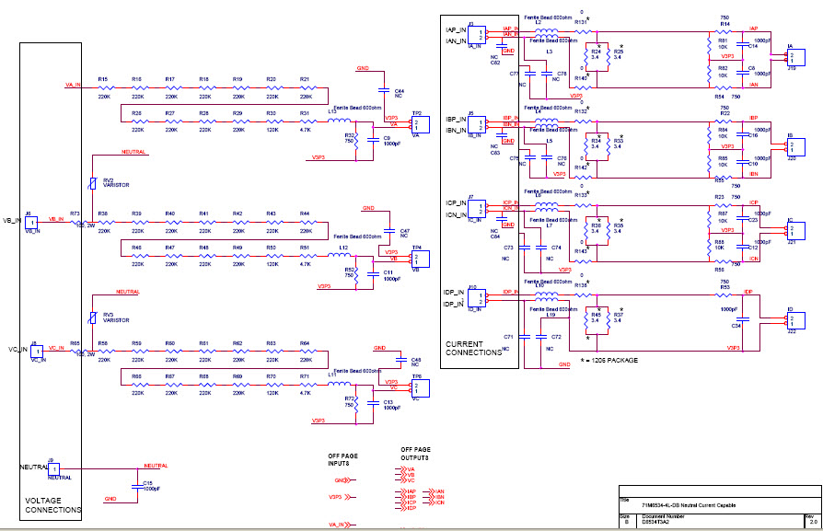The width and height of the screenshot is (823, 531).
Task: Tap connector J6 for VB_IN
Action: pyautogui.click(x=31, y=223)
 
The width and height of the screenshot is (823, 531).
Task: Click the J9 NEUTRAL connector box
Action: pyautogui.click(x=53, y=469)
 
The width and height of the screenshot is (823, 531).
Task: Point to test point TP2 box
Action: pyautogui.click(x=419, y=124)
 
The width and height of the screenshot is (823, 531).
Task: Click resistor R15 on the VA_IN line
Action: pyautogui.click(x=102, y=89)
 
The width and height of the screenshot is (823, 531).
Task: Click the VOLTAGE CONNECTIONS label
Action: pyautogui.click(x=52, y=504)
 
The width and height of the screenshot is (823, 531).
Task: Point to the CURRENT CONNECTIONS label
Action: pyautogui.click(x=473, y=348)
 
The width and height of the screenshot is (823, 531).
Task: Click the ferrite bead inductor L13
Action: pyautogui.click(x=337, y=118)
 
